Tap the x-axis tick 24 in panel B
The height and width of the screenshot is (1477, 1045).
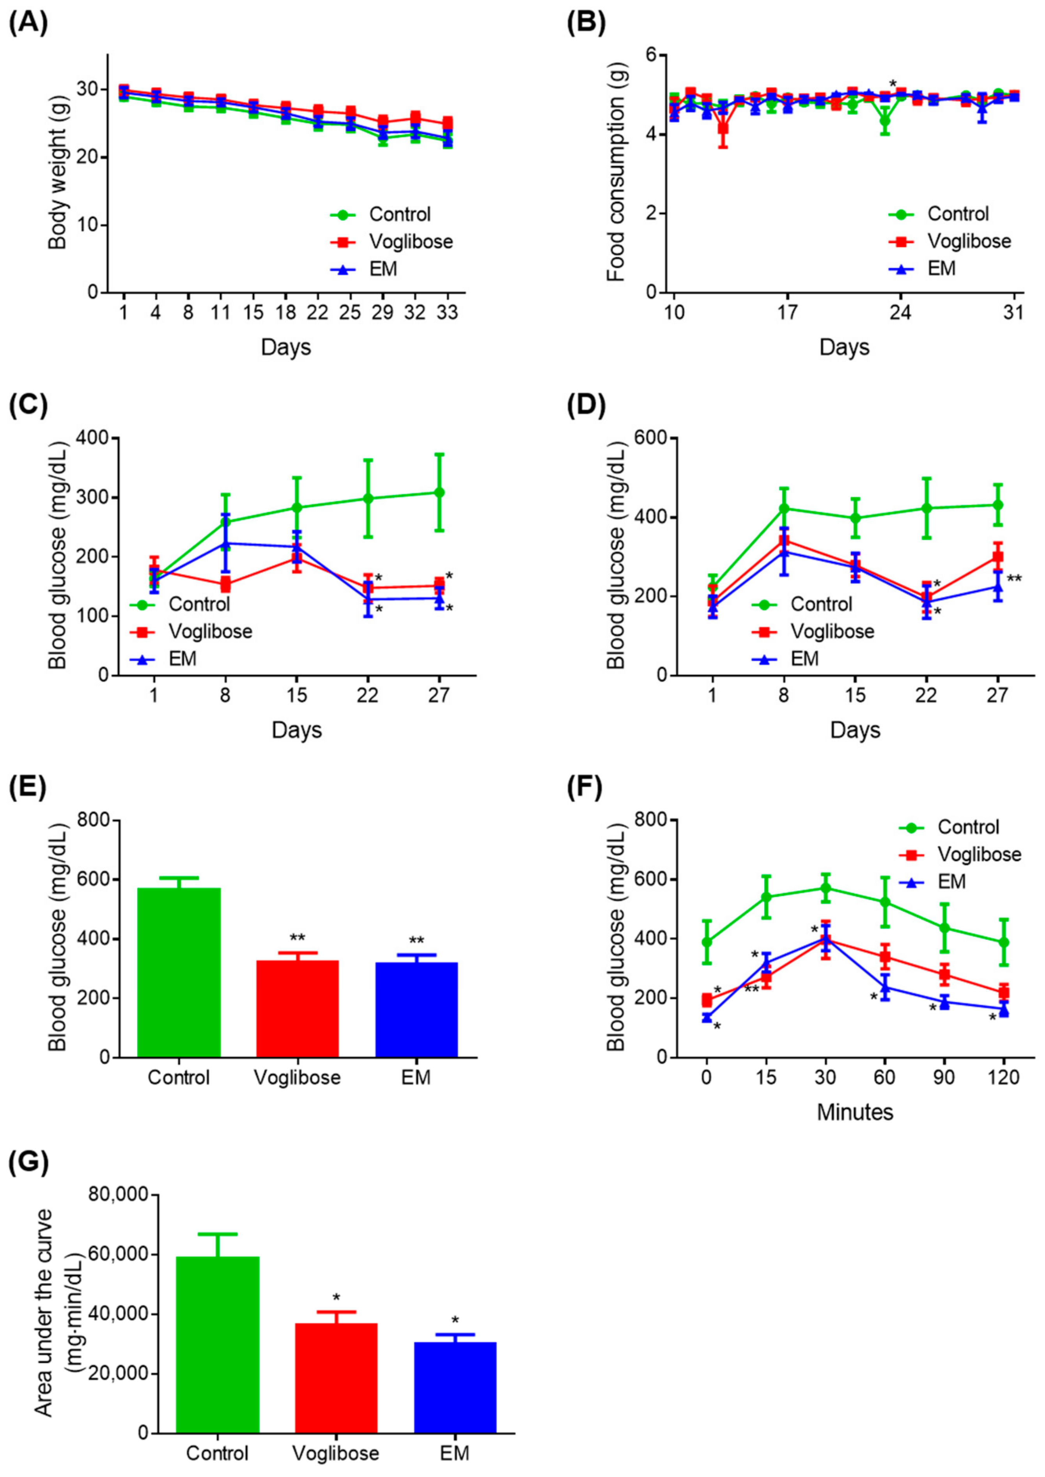pos(900,313)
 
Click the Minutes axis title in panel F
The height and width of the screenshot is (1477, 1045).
pos(855,1112)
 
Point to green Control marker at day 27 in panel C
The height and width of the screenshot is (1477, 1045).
pos(439,492)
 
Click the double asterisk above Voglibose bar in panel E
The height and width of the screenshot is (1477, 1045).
pos(297,937)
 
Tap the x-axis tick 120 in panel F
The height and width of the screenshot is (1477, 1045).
pos(1003,1077)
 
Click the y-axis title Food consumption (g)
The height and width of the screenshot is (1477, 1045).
pos(616,174)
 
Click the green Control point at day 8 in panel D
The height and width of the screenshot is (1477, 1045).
pos(784,508)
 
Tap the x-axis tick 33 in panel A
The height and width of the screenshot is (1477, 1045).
pos(447,313)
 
